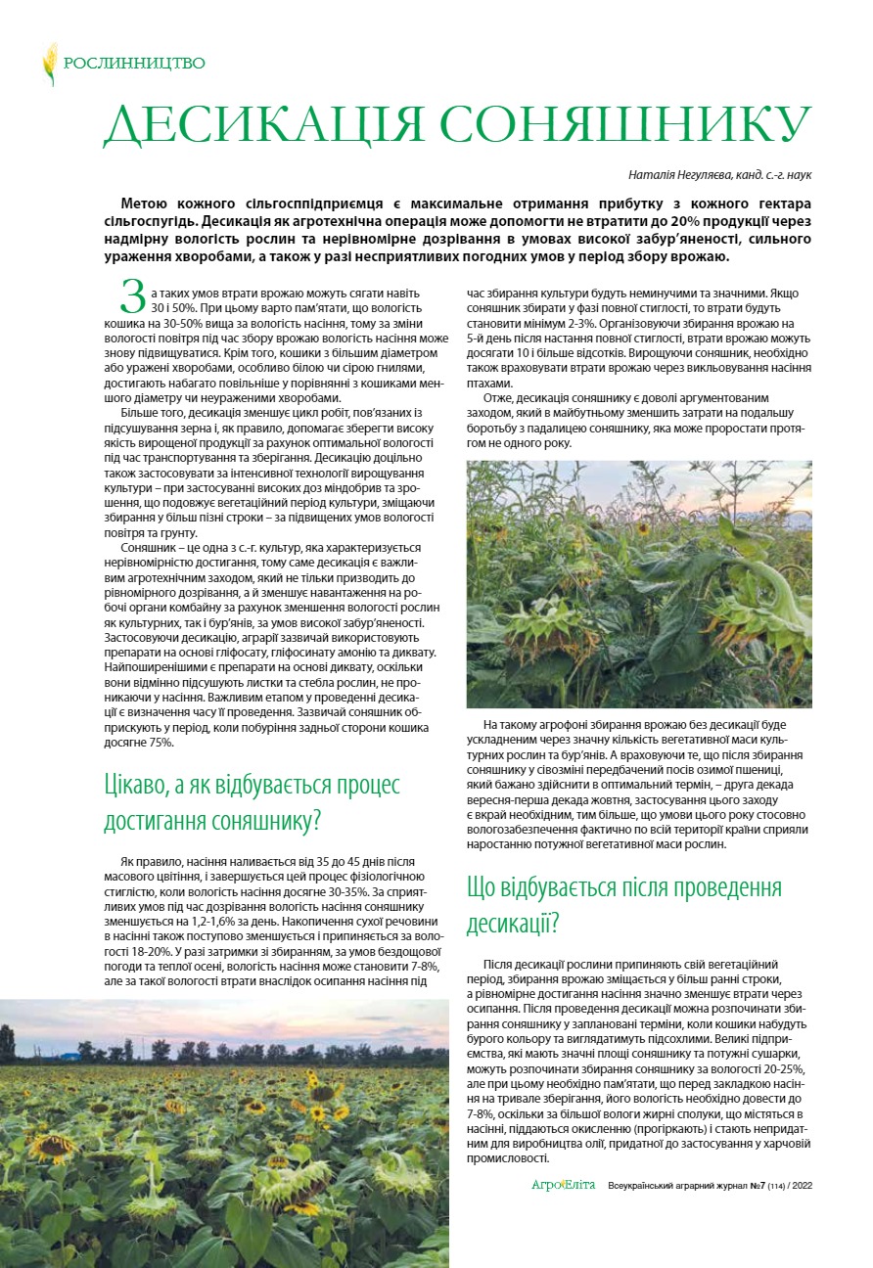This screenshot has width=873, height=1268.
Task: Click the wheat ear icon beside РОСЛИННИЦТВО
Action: click(x=49, y=64)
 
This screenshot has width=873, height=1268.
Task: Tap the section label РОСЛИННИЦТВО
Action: click(x=134, y=64)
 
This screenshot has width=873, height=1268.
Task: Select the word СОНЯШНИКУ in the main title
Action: click(x=625, y=124)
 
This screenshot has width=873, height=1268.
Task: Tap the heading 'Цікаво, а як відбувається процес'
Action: click(x=253, y=786)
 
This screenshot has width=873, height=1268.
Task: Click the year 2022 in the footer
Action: click(x=801, y=1185)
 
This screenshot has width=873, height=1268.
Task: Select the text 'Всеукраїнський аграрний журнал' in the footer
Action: click(x=667, y=1185)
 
